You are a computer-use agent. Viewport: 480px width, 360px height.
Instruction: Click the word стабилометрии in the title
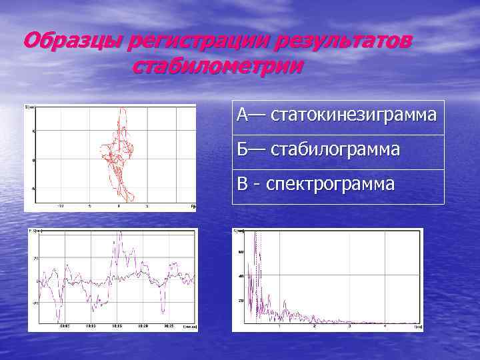218,67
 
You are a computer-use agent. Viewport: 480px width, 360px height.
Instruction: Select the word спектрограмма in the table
331,183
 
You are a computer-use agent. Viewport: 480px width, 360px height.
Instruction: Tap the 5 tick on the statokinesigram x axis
147,206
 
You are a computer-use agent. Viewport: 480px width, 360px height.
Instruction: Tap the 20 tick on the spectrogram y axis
241,301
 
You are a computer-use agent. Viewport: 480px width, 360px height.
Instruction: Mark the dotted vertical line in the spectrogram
259,280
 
